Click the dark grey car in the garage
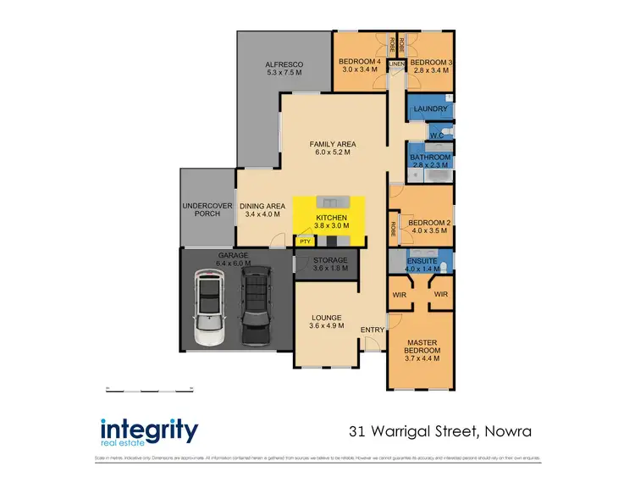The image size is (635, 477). point(256,307)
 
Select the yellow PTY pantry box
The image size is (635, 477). point(304,241)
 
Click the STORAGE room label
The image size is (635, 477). point(330,260)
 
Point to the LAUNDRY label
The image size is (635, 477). point(431,109)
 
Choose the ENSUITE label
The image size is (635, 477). point(421,261)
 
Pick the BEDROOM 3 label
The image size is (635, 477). point(430,63)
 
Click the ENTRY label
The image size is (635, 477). point(372,329)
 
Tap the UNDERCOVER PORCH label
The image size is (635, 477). point(202,209)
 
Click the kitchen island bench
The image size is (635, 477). point(330,202)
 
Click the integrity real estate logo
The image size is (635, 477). point(149,431)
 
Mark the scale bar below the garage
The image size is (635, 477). point(149,389)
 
